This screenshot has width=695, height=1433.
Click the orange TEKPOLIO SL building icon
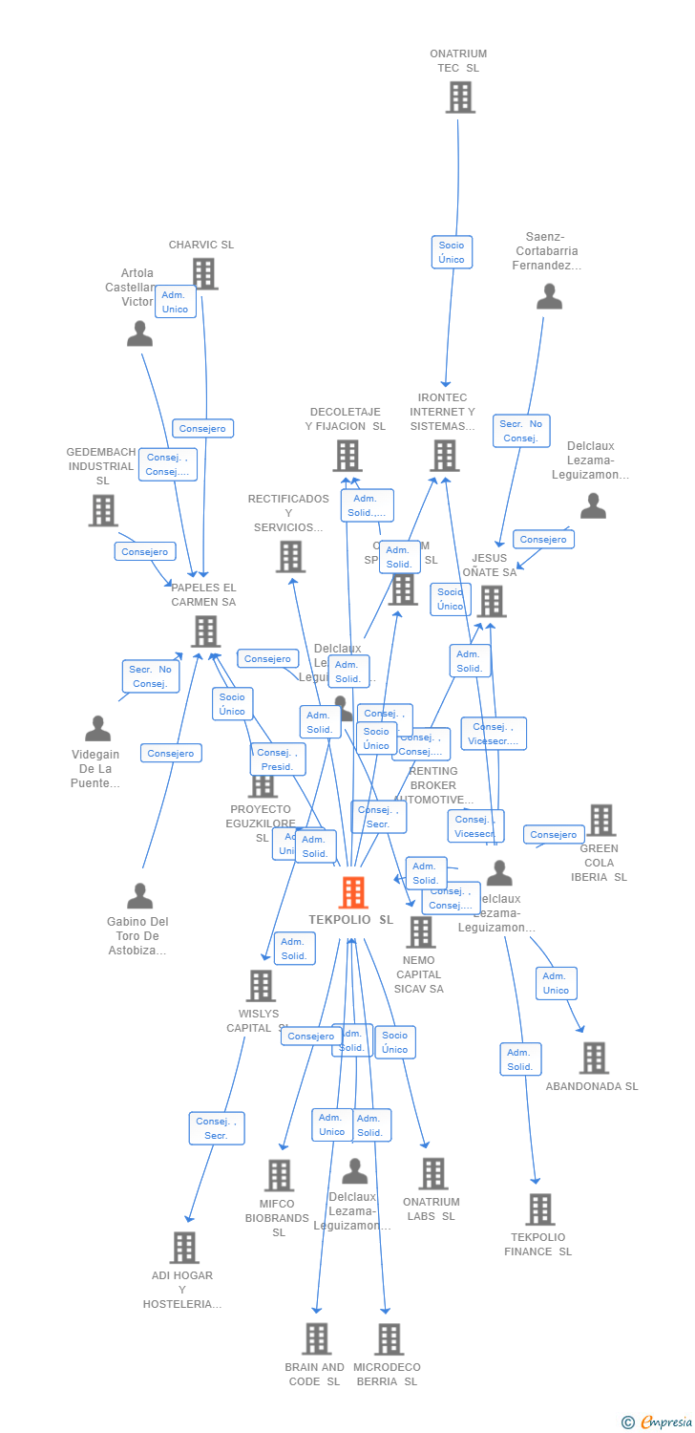pyautogui.click(x=353, y=892)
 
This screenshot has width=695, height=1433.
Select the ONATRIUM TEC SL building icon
pyautogui.click(x=460, y=96)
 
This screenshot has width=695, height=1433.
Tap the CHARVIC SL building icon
pyautogui.click(x=204, y=273)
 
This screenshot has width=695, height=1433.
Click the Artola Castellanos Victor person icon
pyautogui.click(x=140, y=333)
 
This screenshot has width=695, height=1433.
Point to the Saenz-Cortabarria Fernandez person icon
pyautogui.click(x=549, y=297)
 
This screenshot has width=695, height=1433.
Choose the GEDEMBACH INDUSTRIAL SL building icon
pyautogui.click(x=103, y=510)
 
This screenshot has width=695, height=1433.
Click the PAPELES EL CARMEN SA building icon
pyautogui.click(x=205, y=631)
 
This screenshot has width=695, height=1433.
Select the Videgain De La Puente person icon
pyautogui.click(x=97, y=729)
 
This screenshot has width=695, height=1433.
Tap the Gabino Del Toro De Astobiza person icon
pyautogui.click(x=140, y=896)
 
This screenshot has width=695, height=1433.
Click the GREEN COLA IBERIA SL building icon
pyautogui.click(x=600, y=820)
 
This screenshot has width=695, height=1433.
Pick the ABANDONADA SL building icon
pyautogui.click(x=594, y=1058)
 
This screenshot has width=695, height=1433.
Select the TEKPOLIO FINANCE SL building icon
pyautogui.click(x=539, y=1209)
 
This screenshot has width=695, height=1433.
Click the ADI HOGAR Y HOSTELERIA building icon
pyautogui.click(x=184, y=1248)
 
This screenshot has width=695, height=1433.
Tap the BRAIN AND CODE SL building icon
pyautogui.click(x=317, y=1338)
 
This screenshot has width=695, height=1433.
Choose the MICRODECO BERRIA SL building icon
pyautogui.click(x=389, y=1338)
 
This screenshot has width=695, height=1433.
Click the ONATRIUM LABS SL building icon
pyautogui.click(x=432, y=1174)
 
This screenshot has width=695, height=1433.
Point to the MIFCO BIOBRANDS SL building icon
pyautogui.click(x=279, y=1175)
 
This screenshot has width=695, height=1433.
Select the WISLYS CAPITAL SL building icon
pyautogui.click(x=261, y=986)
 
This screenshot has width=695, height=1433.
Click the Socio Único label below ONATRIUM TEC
pyautogui.click(x=452, y=252)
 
